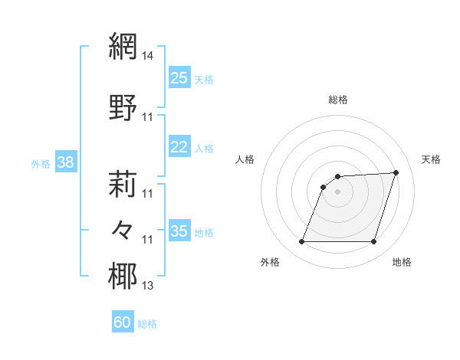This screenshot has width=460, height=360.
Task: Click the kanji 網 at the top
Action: pos(123,46)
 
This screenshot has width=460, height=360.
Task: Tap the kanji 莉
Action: pos(123,184)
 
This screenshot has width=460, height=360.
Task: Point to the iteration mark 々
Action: pos(123,230)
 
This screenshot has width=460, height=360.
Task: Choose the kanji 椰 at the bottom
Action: pos(123,277)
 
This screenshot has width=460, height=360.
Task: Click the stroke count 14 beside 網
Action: pos(148,56)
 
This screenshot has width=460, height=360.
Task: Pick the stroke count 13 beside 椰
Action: pos(148,286)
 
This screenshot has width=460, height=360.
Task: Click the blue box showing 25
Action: pos(179,78)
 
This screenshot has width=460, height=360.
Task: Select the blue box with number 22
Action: pos(179,147)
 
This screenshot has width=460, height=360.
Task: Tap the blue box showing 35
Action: pos(179,231)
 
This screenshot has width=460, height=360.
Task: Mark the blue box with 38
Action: pos(65,162)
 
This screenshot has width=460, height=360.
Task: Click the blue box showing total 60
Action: pos(123,322)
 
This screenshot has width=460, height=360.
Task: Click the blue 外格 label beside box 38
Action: pos(41,164)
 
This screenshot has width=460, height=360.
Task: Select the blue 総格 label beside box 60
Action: pos(147,324)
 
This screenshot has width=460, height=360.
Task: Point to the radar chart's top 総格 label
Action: pos(338,100)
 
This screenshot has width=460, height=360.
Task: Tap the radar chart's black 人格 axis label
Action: pos(245,159)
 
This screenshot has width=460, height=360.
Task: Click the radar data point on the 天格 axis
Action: pos(396,173)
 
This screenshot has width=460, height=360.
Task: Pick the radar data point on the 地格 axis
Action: pos(374,242)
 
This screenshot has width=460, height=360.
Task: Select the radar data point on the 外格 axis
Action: pos(301,242)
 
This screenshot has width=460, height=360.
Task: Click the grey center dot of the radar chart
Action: pos(337,191)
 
